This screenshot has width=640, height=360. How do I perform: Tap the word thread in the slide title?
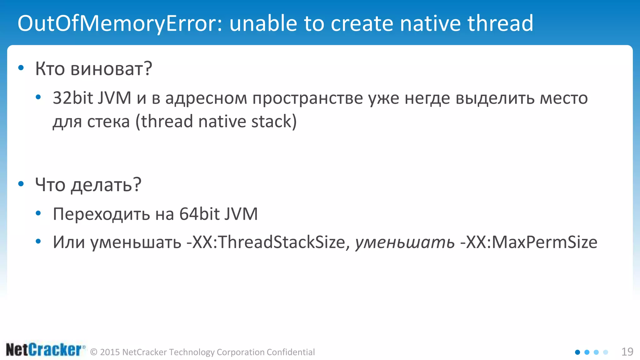(x=500, y=24)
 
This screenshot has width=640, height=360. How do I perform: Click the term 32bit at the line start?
(x=73, y=98)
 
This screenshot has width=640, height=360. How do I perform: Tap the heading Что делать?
(x=88, y=185)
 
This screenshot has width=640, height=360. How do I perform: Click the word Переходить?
(x=102, y=214)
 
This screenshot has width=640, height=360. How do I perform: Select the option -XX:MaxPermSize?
(x=529, y=242)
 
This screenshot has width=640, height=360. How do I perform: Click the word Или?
(x=69, y=242)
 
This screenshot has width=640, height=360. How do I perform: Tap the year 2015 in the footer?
(x=110, y=352)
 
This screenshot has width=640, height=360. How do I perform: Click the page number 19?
(x=627, y=352)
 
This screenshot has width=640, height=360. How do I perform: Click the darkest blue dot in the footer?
(x=577, y=352)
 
